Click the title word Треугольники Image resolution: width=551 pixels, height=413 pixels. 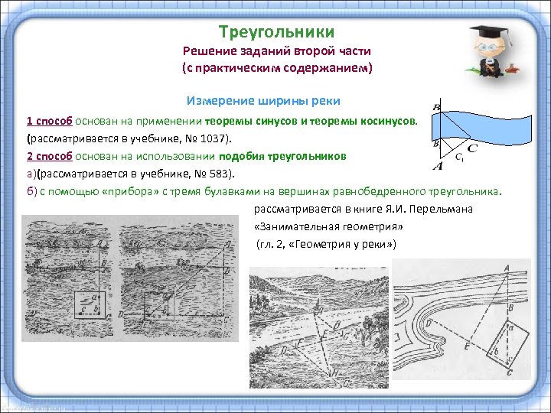pyautogui.click(x=276, y=32)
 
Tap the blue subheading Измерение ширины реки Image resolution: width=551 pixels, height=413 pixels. pyautogui.click(x=263, y=101)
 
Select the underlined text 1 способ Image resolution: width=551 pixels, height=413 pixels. pyautogui.click(x=49, y=121)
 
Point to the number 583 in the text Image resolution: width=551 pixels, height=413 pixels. pyautogui.click(x=206, y=174)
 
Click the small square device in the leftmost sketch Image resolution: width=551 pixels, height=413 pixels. pyautogui.click(x=87, y=304)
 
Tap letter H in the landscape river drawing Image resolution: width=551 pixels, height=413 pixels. pyautogui.click(x=334, y=372)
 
